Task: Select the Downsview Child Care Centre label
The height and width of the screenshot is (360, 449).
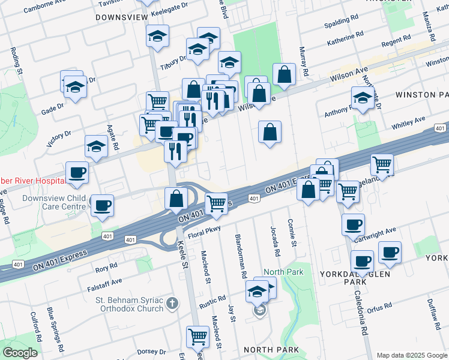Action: pyautogui.click(x=54, y=202)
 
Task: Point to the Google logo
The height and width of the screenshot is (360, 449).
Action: pyautogui.click(x=20, y=353)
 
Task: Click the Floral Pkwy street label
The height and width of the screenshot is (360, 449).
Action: pyautogui.click(x=203, y=230)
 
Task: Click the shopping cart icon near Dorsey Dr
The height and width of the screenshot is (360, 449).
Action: pyautogui.click(x=197, y=337)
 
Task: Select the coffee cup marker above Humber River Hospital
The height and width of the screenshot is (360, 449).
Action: pyautogui.click(x=77, y=173)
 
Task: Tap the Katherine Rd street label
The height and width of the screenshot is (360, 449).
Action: pyautogui.click(x=345, y=41)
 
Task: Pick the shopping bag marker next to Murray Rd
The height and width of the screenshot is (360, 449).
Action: pyautogui.click(x=285, y=75)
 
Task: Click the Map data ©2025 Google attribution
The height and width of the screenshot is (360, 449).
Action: pyautogui.click(x=411, y=355)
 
